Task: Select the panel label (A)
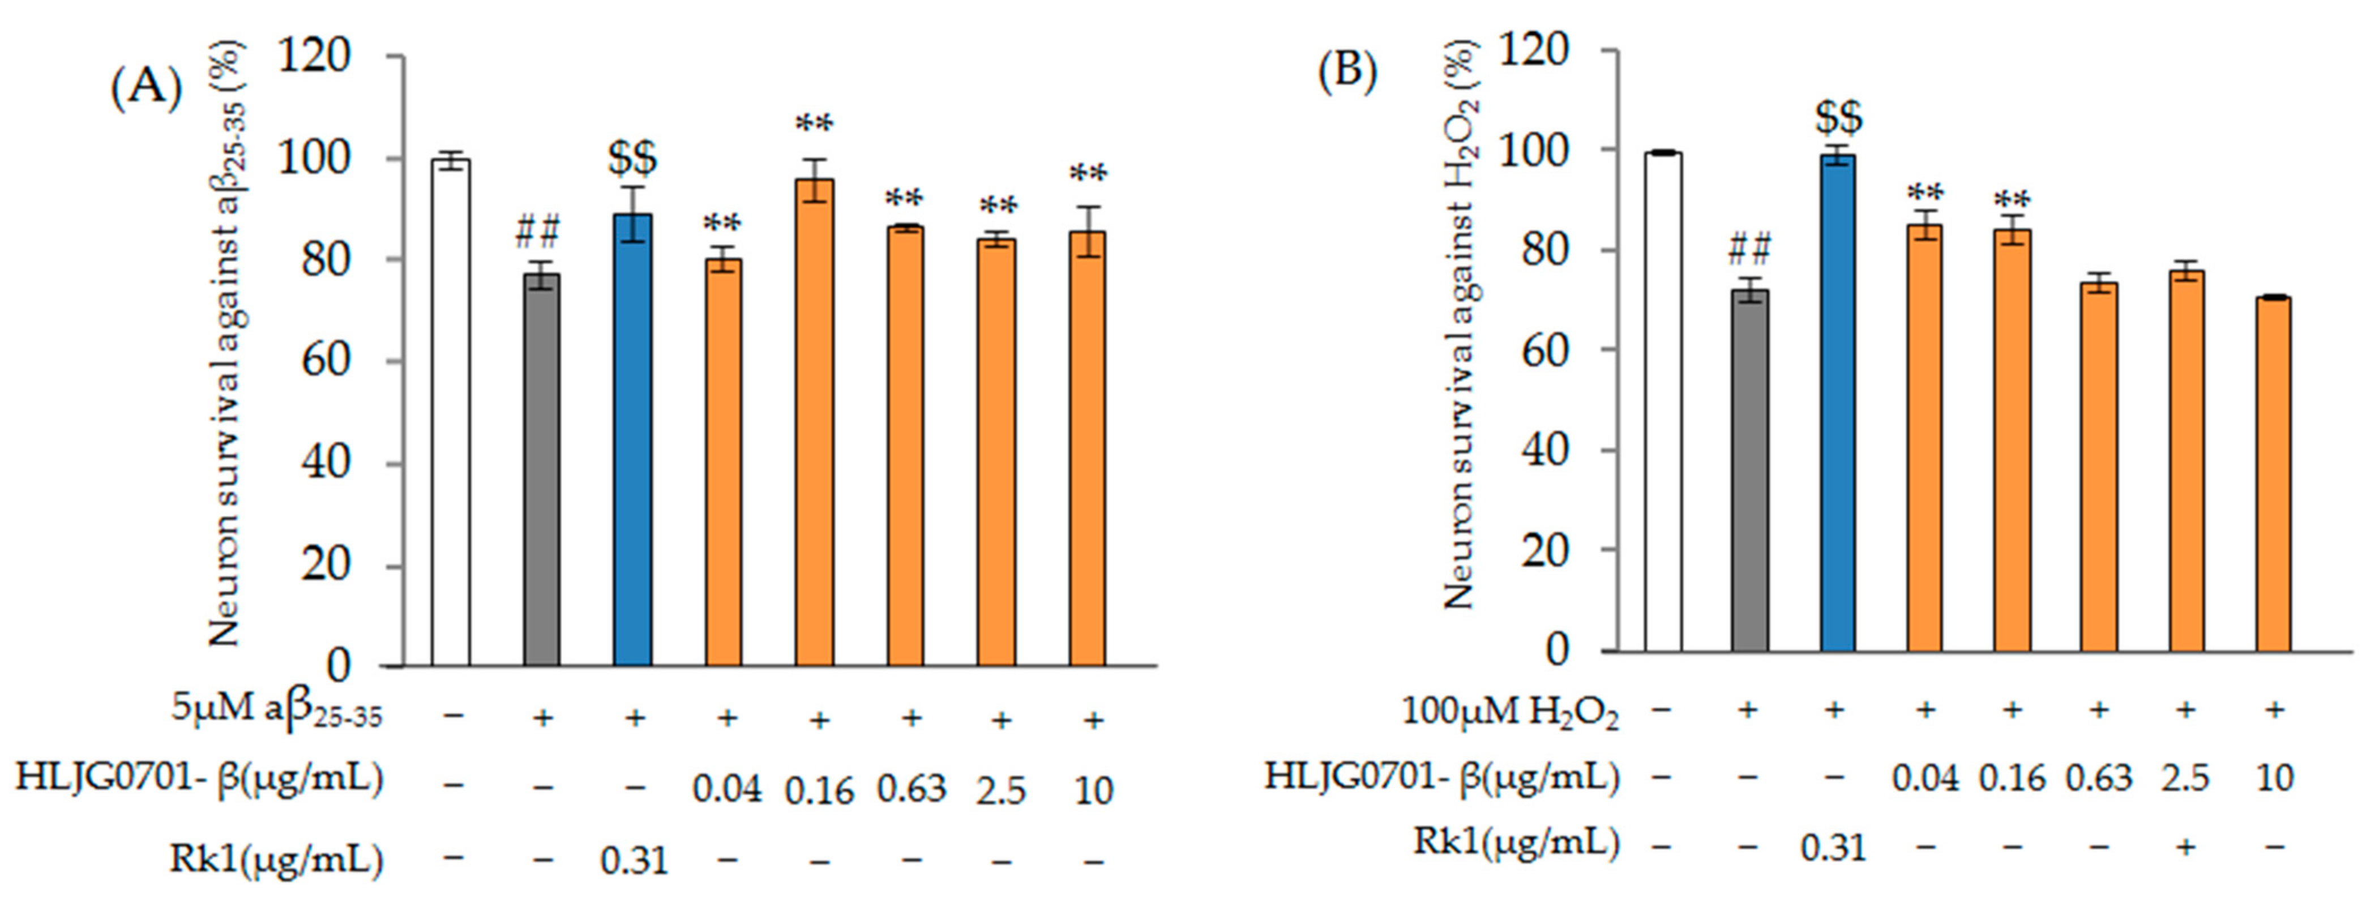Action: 147,89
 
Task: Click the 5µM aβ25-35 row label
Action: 276,714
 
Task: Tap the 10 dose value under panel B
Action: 2275,778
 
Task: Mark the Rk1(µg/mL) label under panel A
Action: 276,859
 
